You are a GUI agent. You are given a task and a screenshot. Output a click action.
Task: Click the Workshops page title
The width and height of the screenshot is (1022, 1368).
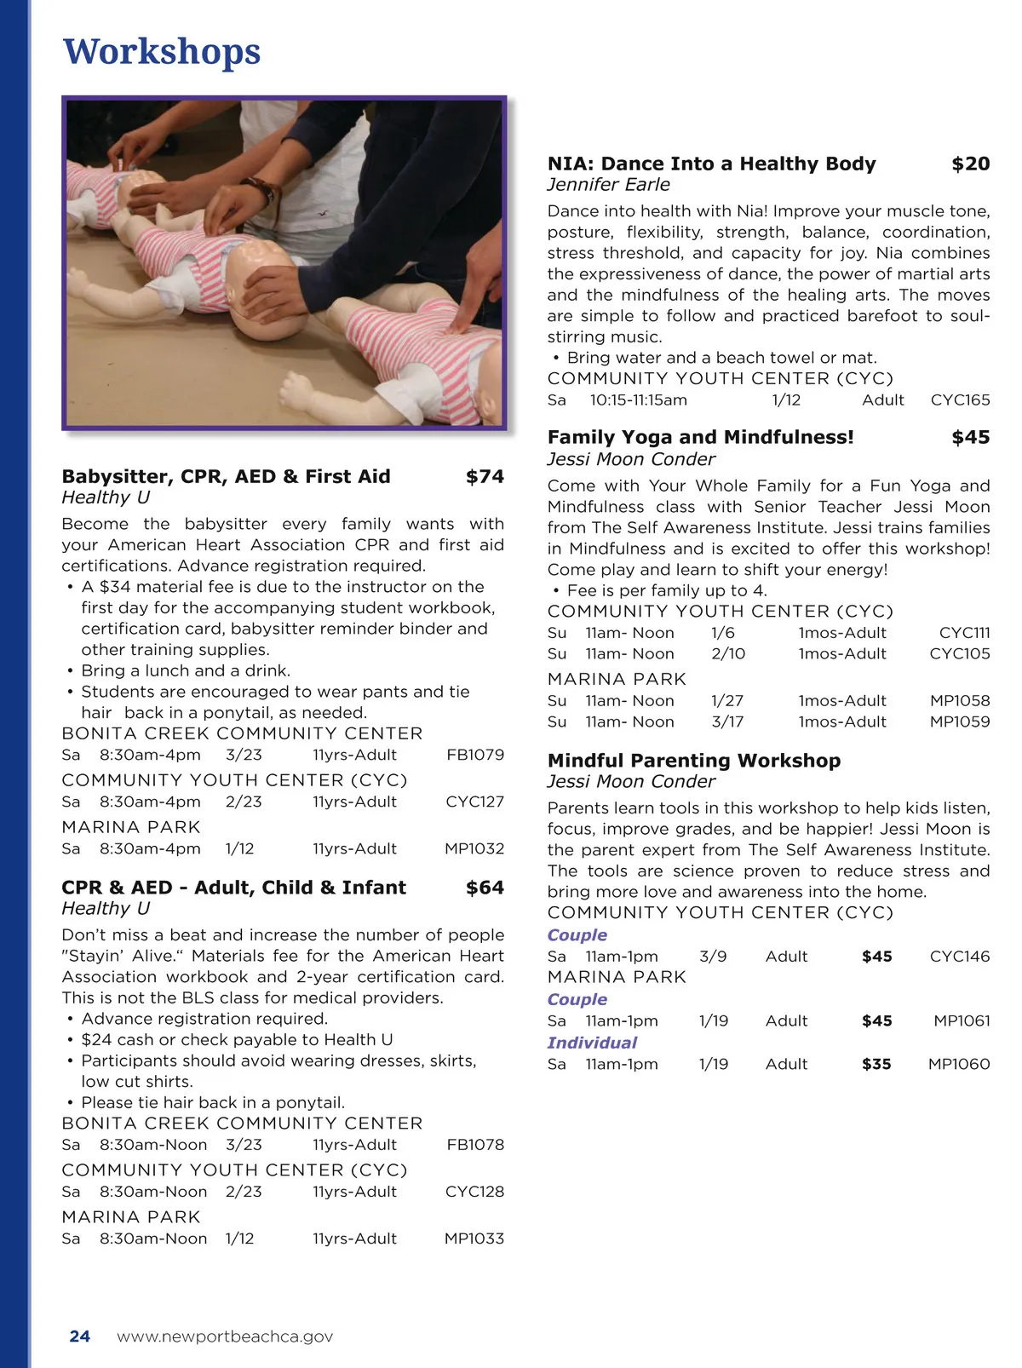click(x=162, y=52)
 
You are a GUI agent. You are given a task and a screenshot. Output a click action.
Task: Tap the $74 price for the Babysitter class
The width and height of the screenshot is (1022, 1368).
click(x=485, y=477)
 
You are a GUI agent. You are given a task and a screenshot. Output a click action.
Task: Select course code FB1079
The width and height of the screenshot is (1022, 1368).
click(x=475, y=755)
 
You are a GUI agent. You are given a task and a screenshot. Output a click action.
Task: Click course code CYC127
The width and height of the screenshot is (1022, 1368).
click(x=474, y=802)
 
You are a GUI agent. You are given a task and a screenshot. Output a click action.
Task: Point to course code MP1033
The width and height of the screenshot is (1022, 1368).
click(x=474, y=1239)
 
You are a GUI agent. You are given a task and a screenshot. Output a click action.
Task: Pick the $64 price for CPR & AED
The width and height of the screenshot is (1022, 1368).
click(x=485, y=888)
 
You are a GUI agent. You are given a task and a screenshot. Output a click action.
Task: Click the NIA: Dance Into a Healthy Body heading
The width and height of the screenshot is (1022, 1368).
click(x=711, y=164)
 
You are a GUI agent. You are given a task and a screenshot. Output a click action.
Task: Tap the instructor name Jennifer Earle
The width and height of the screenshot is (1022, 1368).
click(x=608, y=185)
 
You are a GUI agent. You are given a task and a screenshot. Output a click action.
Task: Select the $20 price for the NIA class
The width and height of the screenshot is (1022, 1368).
click(x=970, y=164)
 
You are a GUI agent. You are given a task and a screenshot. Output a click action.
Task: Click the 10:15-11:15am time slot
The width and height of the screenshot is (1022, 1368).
click(x=638, y=400)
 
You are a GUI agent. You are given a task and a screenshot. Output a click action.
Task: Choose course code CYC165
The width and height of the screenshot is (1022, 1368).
click(x=960, y=400)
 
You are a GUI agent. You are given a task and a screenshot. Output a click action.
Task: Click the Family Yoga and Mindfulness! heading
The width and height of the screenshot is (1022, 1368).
click(x=700, y=438)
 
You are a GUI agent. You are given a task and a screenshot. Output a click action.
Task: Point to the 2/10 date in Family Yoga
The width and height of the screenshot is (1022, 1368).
click(x=728, y=654)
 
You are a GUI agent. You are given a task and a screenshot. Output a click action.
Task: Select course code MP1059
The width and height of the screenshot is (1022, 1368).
click(x=960, y=721)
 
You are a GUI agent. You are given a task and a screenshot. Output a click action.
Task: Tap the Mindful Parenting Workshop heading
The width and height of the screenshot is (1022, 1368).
click(x=693, y=761)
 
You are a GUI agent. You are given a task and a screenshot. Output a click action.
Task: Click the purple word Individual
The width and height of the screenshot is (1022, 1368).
click(x=592, y=1043)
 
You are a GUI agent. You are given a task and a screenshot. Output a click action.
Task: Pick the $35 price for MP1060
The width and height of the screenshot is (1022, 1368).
click(x=876, y=1064)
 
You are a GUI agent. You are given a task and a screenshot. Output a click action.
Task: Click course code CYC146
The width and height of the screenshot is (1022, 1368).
click(x=960, y=957)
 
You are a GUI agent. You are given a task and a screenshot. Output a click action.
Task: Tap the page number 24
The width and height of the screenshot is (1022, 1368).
click(x=80, y=1336)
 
